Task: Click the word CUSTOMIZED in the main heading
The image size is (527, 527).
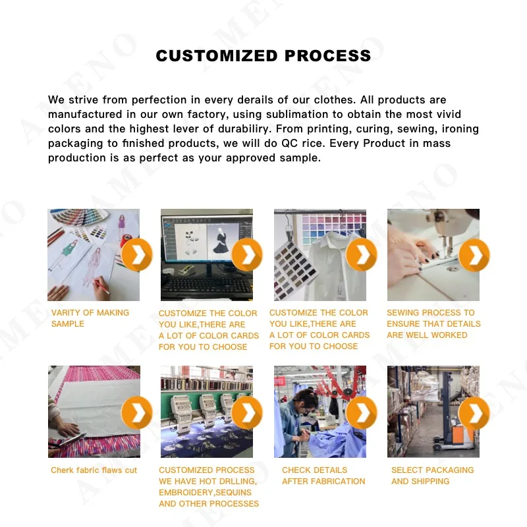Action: tap(217, 56)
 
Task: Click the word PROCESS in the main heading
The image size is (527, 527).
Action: tap(327, 56)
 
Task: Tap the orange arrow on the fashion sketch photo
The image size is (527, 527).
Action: tap(137, 255)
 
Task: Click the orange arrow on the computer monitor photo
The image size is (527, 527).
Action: tap(247, 255)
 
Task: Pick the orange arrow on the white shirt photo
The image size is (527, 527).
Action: tap(361, 255)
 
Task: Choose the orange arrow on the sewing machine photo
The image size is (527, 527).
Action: tap(474, 255)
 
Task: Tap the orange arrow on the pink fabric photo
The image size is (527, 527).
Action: tap(137, 412)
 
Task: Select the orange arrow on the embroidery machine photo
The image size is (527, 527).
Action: tap(247, 412)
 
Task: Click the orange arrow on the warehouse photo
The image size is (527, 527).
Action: tap(474, 412)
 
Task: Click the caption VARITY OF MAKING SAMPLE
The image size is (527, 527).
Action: tap(90, 318)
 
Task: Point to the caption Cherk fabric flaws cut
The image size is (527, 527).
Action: tap(94, 470)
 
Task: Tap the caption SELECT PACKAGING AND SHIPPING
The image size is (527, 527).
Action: tap(433, 476)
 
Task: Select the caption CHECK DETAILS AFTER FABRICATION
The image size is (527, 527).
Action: tap(323, 476)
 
